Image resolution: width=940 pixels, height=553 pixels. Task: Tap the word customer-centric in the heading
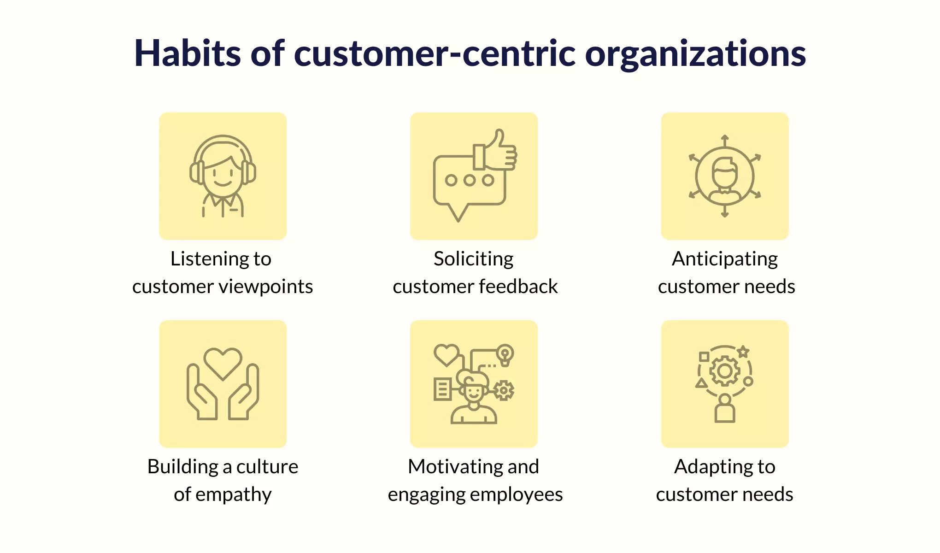coord(435,54)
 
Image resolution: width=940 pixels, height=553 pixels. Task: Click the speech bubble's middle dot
coord(469,180)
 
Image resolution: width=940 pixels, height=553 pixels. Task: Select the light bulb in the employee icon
coord(505,355)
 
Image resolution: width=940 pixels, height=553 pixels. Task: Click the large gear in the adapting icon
coord(725,371)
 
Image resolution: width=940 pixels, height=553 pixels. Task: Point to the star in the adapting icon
coord(743,352)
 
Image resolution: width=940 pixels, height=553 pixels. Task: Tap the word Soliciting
coord(474,259)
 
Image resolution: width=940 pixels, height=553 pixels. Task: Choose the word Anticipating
coord(725,259)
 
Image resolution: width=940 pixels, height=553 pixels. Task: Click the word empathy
coord(234,495)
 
